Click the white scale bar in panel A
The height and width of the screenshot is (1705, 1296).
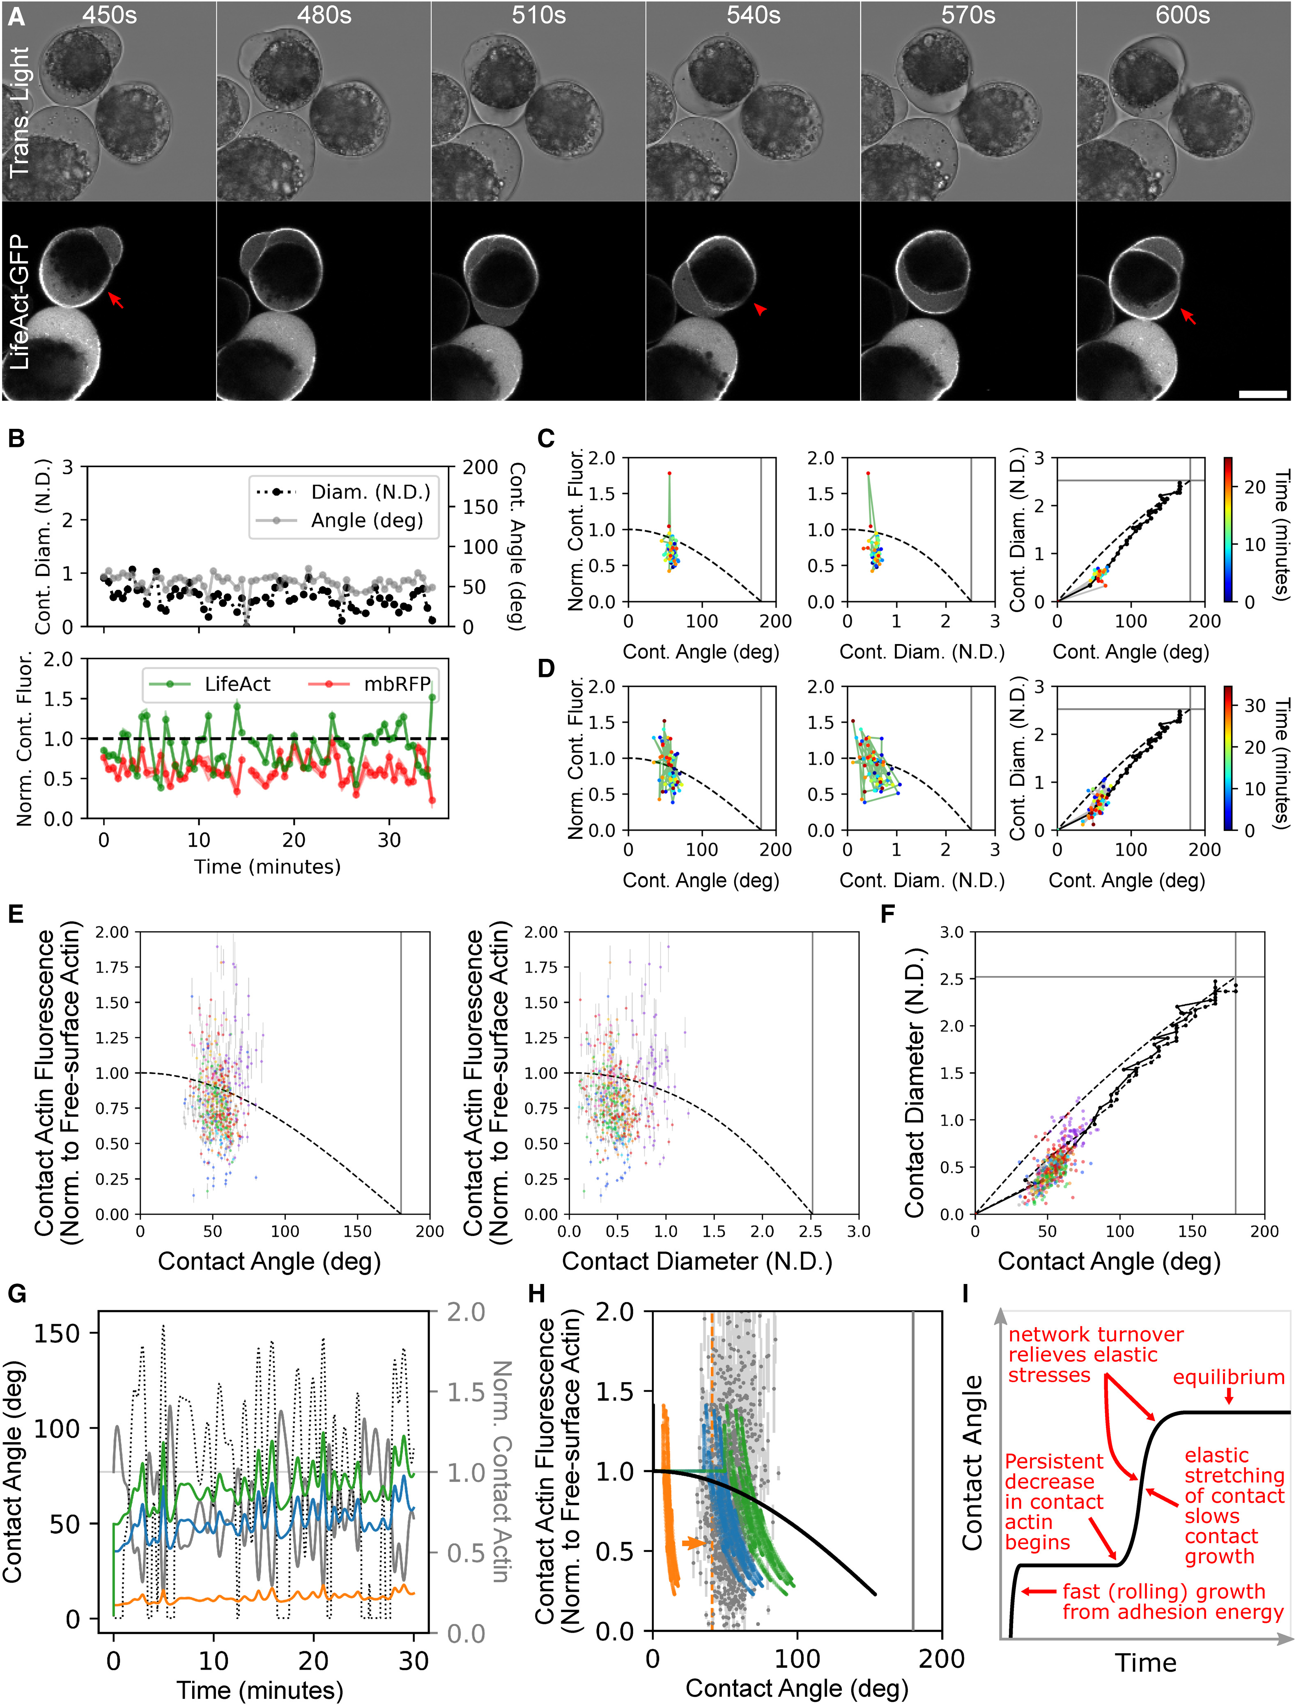tap(1263, 394)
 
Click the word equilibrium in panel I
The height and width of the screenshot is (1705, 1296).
tap(1228, 1377)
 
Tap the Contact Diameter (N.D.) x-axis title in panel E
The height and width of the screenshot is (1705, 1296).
tap(696, 1261)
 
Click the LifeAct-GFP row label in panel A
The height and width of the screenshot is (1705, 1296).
tap(18, 301)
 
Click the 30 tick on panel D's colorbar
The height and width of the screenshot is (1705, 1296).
tap(1255, 705)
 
